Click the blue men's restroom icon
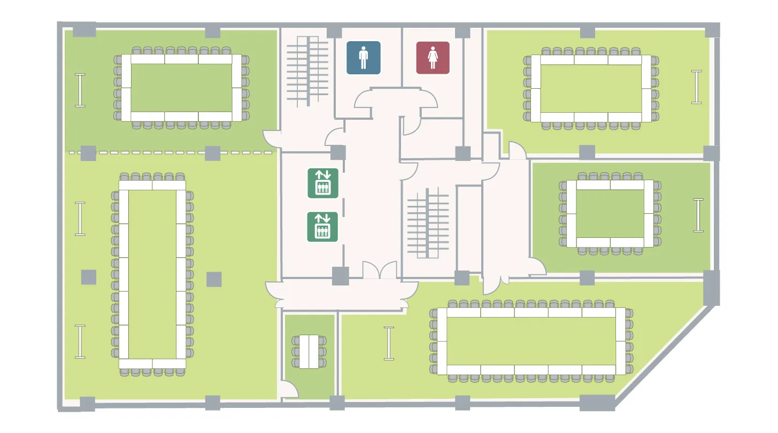tap(364, 57)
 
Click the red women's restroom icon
tap(433, 57)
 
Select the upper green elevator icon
tap(322, 182)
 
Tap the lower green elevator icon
tap(322, 226)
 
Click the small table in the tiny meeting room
tap(309, 352)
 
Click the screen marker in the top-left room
tap(80, 90)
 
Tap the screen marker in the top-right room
tap(696, 87)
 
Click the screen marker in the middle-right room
tap(698, 215)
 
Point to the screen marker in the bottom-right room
tap(389, 343)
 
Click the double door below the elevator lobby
tap(380, 270)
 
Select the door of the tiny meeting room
tap(289, 389)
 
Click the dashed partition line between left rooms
tap(171, 153)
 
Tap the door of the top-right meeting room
tap(517, 150)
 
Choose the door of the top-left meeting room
tap(272, 140)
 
